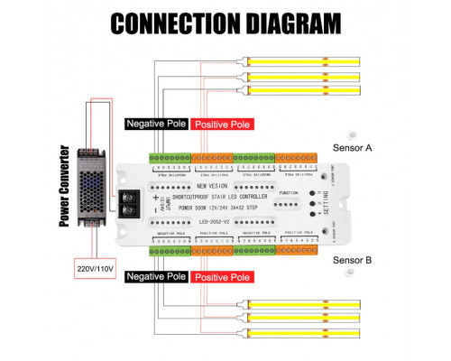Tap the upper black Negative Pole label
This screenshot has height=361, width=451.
click(156, 124)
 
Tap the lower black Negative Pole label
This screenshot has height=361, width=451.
click(156, 276)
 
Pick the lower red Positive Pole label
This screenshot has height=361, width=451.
click(222, 277)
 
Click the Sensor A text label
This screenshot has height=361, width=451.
click(354, 146)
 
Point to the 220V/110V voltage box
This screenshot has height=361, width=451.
click(89, 268)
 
